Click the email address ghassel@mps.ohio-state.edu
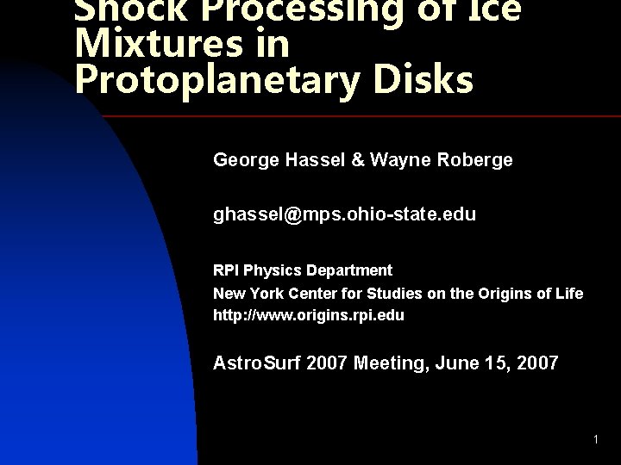(x=344, y=214)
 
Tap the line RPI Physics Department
(x=303, y=270)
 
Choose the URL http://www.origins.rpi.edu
(x=309, y=315)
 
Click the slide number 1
(x=595, y=441)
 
